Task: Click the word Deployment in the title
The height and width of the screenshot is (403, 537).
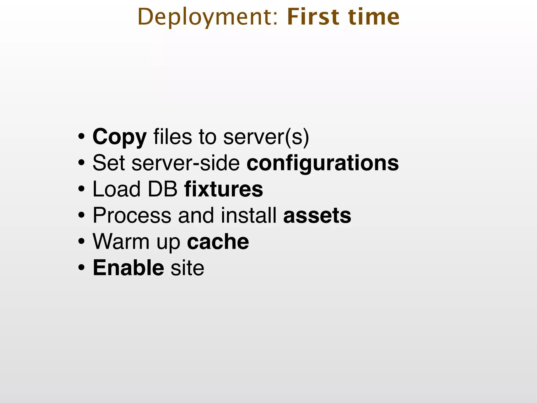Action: (207, 17)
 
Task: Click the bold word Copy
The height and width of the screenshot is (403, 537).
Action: (120, 137)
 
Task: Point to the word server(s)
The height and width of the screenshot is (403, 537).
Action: (266, 137)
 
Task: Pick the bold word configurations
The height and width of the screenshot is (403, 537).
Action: (323, 163)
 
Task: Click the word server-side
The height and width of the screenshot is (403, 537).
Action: (186, 163)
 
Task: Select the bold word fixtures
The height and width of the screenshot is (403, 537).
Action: (224, 189)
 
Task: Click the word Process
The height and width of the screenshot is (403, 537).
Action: (132, 215)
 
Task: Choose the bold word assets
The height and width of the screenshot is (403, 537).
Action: (317, 215)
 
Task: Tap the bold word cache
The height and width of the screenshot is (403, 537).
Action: (218, 242)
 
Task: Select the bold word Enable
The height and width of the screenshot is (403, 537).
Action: (128, 268)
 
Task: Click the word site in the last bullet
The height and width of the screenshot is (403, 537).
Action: (187, 268)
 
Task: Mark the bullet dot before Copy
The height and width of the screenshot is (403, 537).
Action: (81, 137)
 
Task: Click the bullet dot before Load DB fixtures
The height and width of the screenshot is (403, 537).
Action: (81, 189)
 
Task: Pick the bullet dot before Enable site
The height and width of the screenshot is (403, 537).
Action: (81, 268)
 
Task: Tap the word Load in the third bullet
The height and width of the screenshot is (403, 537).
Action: (117, 189)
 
